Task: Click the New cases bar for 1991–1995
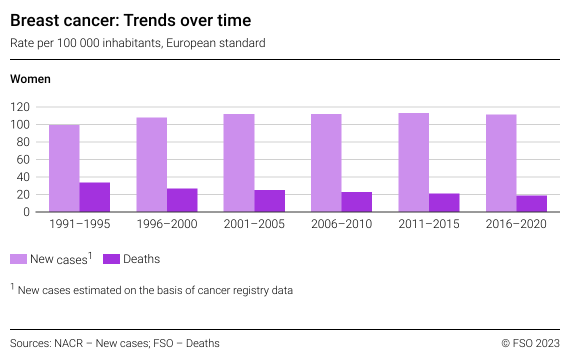(64, 168)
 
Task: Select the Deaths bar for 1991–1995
(94, 197)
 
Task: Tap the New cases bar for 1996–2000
(151, 164)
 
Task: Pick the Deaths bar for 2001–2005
(269, 201)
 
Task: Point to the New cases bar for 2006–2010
(326, 163)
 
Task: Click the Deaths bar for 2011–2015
(444, 202)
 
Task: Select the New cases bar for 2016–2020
(501, 163)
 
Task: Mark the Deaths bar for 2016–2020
(531, 203)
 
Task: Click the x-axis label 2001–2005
(254, 224)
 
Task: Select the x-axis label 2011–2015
(428, 224)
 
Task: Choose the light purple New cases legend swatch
(18, 259)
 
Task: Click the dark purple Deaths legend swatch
(111, 259)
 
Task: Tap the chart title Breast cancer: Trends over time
(130, 20)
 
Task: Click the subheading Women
(30, 79)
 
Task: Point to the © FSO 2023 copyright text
(530, 343)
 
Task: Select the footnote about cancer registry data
(155, 290)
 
